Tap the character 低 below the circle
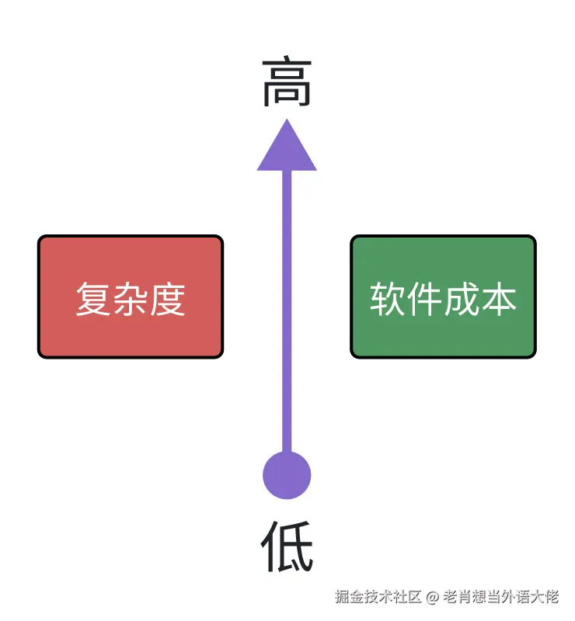click(287, 545)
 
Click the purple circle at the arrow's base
click(287, 475)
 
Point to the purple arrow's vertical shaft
click(287, 310)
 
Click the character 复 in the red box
click(93, 299)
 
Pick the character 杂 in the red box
click(131, 299)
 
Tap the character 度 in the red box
click(168, 299)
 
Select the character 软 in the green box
click(387, 299)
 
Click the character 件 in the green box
click(424, 299)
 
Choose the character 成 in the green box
click(462, 299)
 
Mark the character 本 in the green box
click(499, 299)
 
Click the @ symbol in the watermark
click(433, 597)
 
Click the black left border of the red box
click(39, 297)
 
